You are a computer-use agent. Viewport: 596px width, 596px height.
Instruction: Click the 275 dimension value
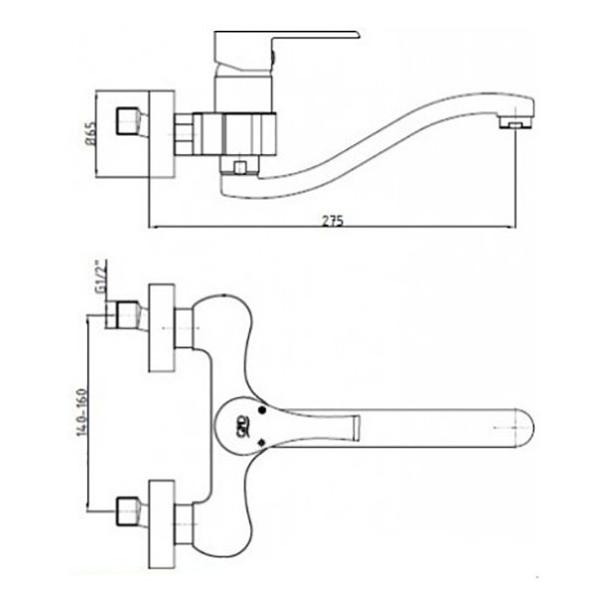point(333,221)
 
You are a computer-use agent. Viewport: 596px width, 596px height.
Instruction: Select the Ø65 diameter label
point(91,134)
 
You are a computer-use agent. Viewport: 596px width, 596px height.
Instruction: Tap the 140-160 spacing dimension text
point(81,412)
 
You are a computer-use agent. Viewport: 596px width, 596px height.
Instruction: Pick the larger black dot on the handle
point(262,410)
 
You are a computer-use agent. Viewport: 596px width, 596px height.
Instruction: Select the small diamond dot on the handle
point(261,442)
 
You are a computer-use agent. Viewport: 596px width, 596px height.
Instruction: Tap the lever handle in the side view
point(286,51)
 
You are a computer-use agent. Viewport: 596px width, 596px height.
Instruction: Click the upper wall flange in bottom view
point(162,328)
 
